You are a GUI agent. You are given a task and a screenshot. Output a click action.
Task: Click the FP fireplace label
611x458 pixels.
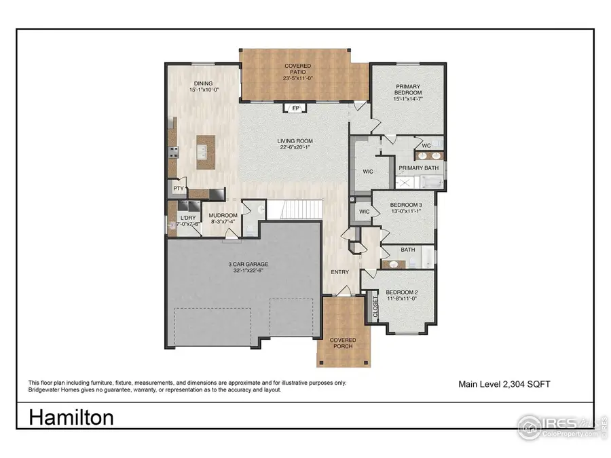pyautogui.click(x=295, y=108)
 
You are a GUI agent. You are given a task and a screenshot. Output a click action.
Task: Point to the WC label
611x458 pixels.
pyautogui.click(x=426, y=145)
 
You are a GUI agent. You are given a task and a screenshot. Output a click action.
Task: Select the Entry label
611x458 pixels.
pyautogui.click(x=340, y=272)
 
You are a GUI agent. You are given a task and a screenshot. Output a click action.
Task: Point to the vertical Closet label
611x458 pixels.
pyautogui.click(x=375, y=307)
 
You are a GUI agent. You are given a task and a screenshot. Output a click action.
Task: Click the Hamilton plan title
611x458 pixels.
pyautogui.click(x=71, y=417)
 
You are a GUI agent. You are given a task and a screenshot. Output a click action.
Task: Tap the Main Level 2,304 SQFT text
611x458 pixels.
pyautogui.click(x=504, y=384)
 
